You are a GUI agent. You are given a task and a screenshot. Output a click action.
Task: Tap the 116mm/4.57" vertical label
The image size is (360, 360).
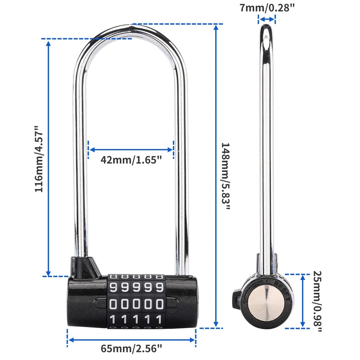point(40,159)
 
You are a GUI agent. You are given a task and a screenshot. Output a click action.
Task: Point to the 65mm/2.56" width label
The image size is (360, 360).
point(132,348)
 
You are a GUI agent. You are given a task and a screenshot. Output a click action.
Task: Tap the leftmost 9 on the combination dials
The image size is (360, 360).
point(113,287)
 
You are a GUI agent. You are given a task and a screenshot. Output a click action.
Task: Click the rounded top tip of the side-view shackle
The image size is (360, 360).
point(266,28)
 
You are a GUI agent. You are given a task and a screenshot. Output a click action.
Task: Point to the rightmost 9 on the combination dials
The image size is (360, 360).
point(158,287)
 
